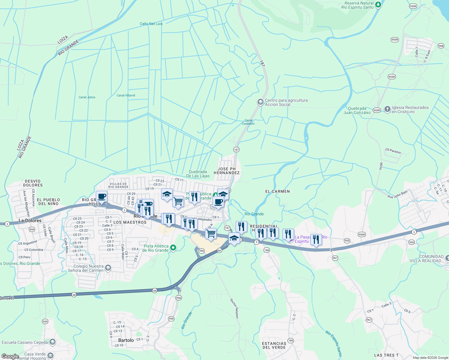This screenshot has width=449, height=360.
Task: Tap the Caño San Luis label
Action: click(x=151, y=24)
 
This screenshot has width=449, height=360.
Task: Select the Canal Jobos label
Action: click(x=87, y=97)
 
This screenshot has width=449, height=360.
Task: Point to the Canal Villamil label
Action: click(x=126, y=95)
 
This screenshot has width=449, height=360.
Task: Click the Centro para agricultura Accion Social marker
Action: click(x=260, y=102)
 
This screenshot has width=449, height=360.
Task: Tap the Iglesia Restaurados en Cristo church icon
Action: click(x=387, y=109)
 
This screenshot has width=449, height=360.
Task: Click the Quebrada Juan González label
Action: click(x=357, y=110)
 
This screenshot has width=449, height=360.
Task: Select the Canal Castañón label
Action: click(x=248, y=122)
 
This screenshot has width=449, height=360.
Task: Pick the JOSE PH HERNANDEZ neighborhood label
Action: click(x=227, y=171)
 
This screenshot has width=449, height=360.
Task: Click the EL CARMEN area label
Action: click(x=277, y=191)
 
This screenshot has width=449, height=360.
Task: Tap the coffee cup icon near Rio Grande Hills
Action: click(x=102, y=197)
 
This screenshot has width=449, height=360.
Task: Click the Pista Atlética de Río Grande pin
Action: click(x=173, y=248)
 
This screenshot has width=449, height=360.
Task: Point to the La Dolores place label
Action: click(x=30, y=220)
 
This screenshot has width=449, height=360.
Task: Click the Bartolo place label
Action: click(x=126, y=340)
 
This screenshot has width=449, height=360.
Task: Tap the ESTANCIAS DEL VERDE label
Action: click(x=274, y=345)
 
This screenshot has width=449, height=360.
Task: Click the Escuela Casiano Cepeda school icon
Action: click(x=53, y=342)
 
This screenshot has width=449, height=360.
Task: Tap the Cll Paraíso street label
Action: click(x=393, y=151)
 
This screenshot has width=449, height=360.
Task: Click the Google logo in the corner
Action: click(x=10, y=356)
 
